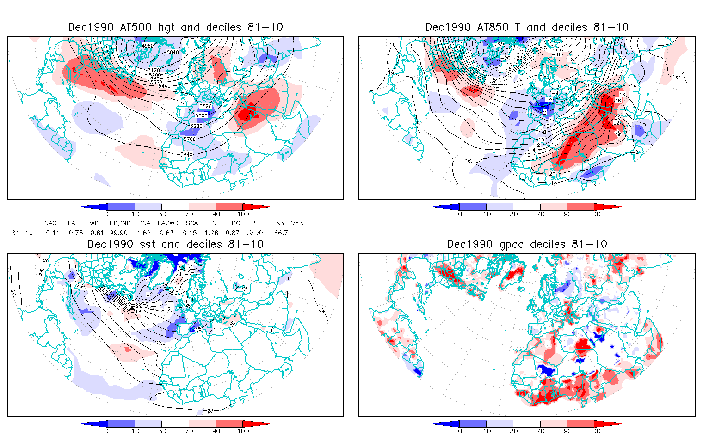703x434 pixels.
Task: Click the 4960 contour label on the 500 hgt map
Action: point(148,46)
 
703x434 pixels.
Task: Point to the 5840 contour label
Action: point(186,154)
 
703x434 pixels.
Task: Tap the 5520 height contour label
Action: point(205,107)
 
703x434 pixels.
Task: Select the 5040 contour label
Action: point(172,52)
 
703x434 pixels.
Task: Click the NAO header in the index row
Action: point(50,223)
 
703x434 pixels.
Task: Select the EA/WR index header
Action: point(165,223)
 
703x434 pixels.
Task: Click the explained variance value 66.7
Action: point(281,233)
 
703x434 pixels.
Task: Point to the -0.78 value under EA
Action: point(73,233)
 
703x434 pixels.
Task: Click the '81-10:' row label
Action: point(23,233)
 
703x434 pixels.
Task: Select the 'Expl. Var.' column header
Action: point(288,223)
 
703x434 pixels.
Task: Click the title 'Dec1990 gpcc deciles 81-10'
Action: point(527,244)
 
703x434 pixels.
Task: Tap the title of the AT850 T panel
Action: point(527,27)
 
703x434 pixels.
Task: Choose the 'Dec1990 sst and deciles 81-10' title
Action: point(176,244)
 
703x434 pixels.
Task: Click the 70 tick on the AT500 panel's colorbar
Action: point(189,214)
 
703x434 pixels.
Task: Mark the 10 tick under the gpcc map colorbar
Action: point(487,431)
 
